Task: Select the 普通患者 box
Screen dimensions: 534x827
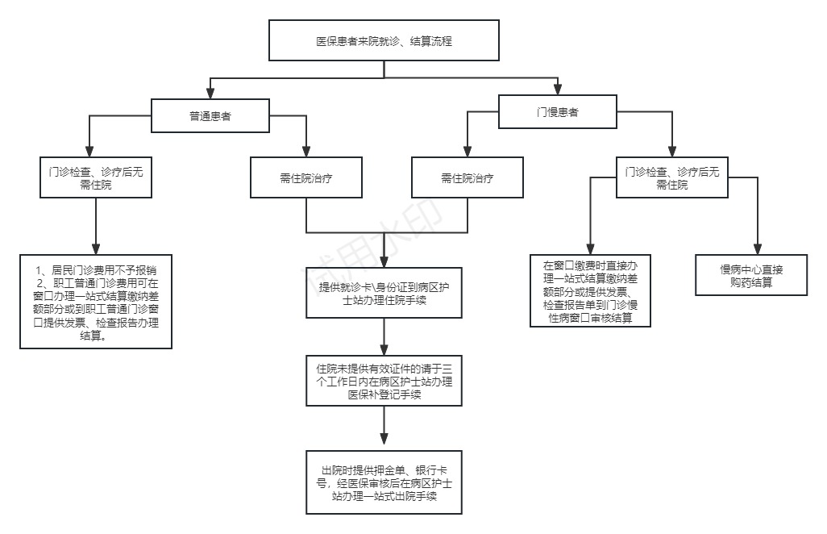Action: tap(210, 116)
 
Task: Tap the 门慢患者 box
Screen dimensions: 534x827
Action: tap(557, 112)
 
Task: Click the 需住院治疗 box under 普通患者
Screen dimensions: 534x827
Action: tap(306, 178)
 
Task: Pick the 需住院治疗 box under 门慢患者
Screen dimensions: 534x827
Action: tap(467, 178)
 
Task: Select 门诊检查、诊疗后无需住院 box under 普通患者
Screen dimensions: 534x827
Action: tap(96, 178)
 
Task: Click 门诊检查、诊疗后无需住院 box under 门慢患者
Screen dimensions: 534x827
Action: tap(671, 178)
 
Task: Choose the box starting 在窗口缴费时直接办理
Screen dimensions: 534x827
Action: tap(591, 290)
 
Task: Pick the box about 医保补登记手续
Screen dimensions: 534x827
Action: tap(384, 380)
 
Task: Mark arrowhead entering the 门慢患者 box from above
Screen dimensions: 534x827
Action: tap(557, 89)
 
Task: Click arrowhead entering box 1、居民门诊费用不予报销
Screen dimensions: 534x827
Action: tap(96, 247)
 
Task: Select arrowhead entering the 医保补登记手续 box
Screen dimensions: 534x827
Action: tap(384, 347)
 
